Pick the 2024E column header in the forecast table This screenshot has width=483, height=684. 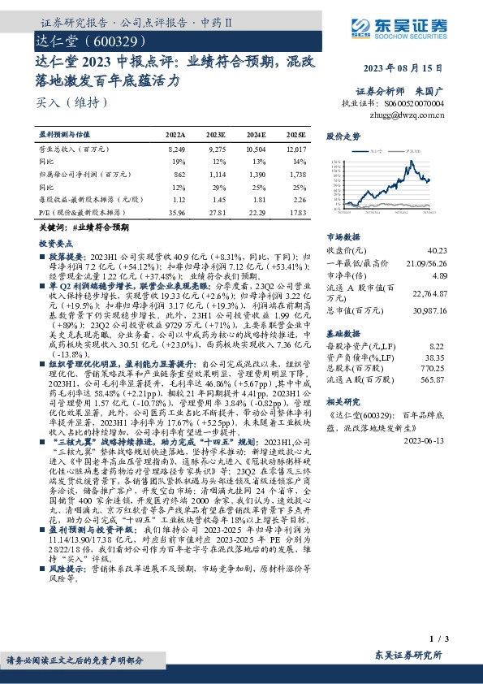(x=256, y=134)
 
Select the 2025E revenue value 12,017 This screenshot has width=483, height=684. (x=296, y=150)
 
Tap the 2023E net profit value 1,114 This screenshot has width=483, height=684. (x=216, y=175)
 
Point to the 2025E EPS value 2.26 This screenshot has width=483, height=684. (x=299, y=199)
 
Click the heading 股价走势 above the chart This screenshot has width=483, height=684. (x=343, y=136)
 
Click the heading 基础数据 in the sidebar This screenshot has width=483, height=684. (x=343, y=334)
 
